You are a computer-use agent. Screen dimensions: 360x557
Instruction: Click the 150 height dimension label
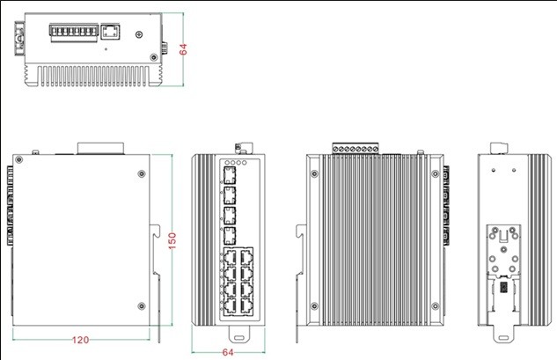pyautogui.click(x=172, y=239)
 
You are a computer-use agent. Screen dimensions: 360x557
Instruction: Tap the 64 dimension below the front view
pyautogui.click(x=228, y=351)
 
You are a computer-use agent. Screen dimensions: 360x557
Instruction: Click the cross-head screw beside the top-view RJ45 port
pyautogui.click(x=139, y=36)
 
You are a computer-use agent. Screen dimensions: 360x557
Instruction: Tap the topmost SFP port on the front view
pyautogui.click(x=230, y=175)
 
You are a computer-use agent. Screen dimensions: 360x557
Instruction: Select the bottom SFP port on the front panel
pyautogui.click(x=230, y=234)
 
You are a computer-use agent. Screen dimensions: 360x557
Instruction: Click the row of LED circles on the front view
pyautogui.click(x=237, y=163)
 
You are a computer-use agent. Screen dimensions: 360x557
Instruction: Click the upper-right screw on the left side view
pyautogui.click(x=142, y=173)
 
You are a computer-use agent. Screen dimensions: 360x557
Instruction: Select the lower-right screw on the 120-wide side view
pyautogui.click(x=142, y=305)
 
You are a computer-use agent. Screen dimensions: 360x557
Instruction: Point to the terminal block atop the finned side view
pyautogui.click(x=356, y=149)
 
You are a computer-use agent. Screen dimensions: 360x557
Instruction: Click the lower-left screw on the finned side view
pyautogui.click(x=311, y=307)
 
